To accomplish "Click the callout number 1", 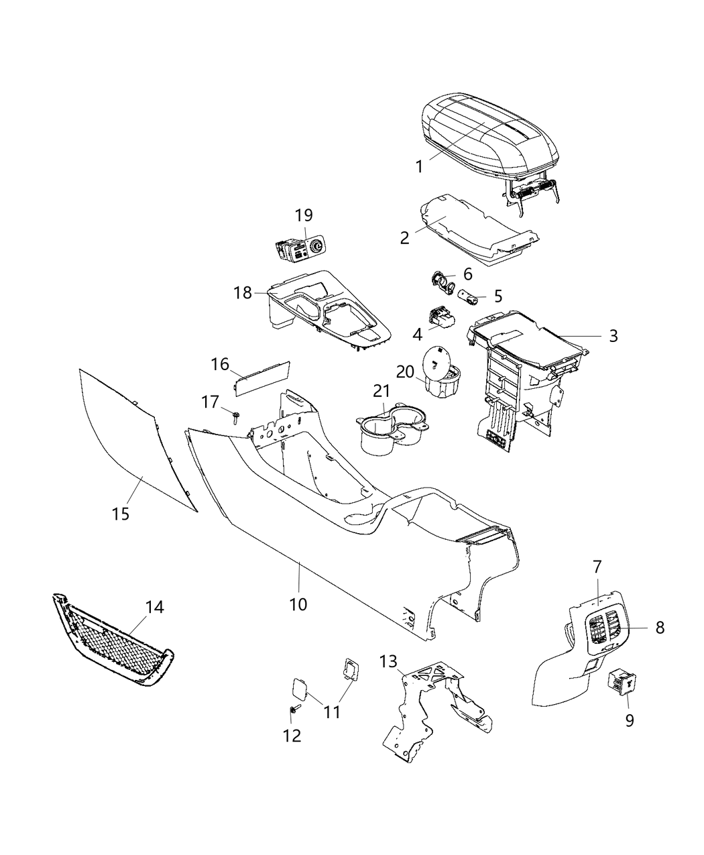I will (x=420, y=166).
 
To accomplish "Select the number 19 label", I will (x=304, y=215).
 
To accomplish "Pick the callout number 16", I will (x=221, y=365).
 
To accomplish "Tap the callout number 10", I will (x=298, y=604).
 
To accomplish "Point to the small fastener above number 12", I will (x=295, y=710).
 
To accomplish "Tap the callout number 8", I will (x=660, y=628).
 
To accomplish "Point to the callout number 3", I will (x=613, y=336).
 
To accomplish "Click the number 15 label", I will (x=121, y=514).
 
